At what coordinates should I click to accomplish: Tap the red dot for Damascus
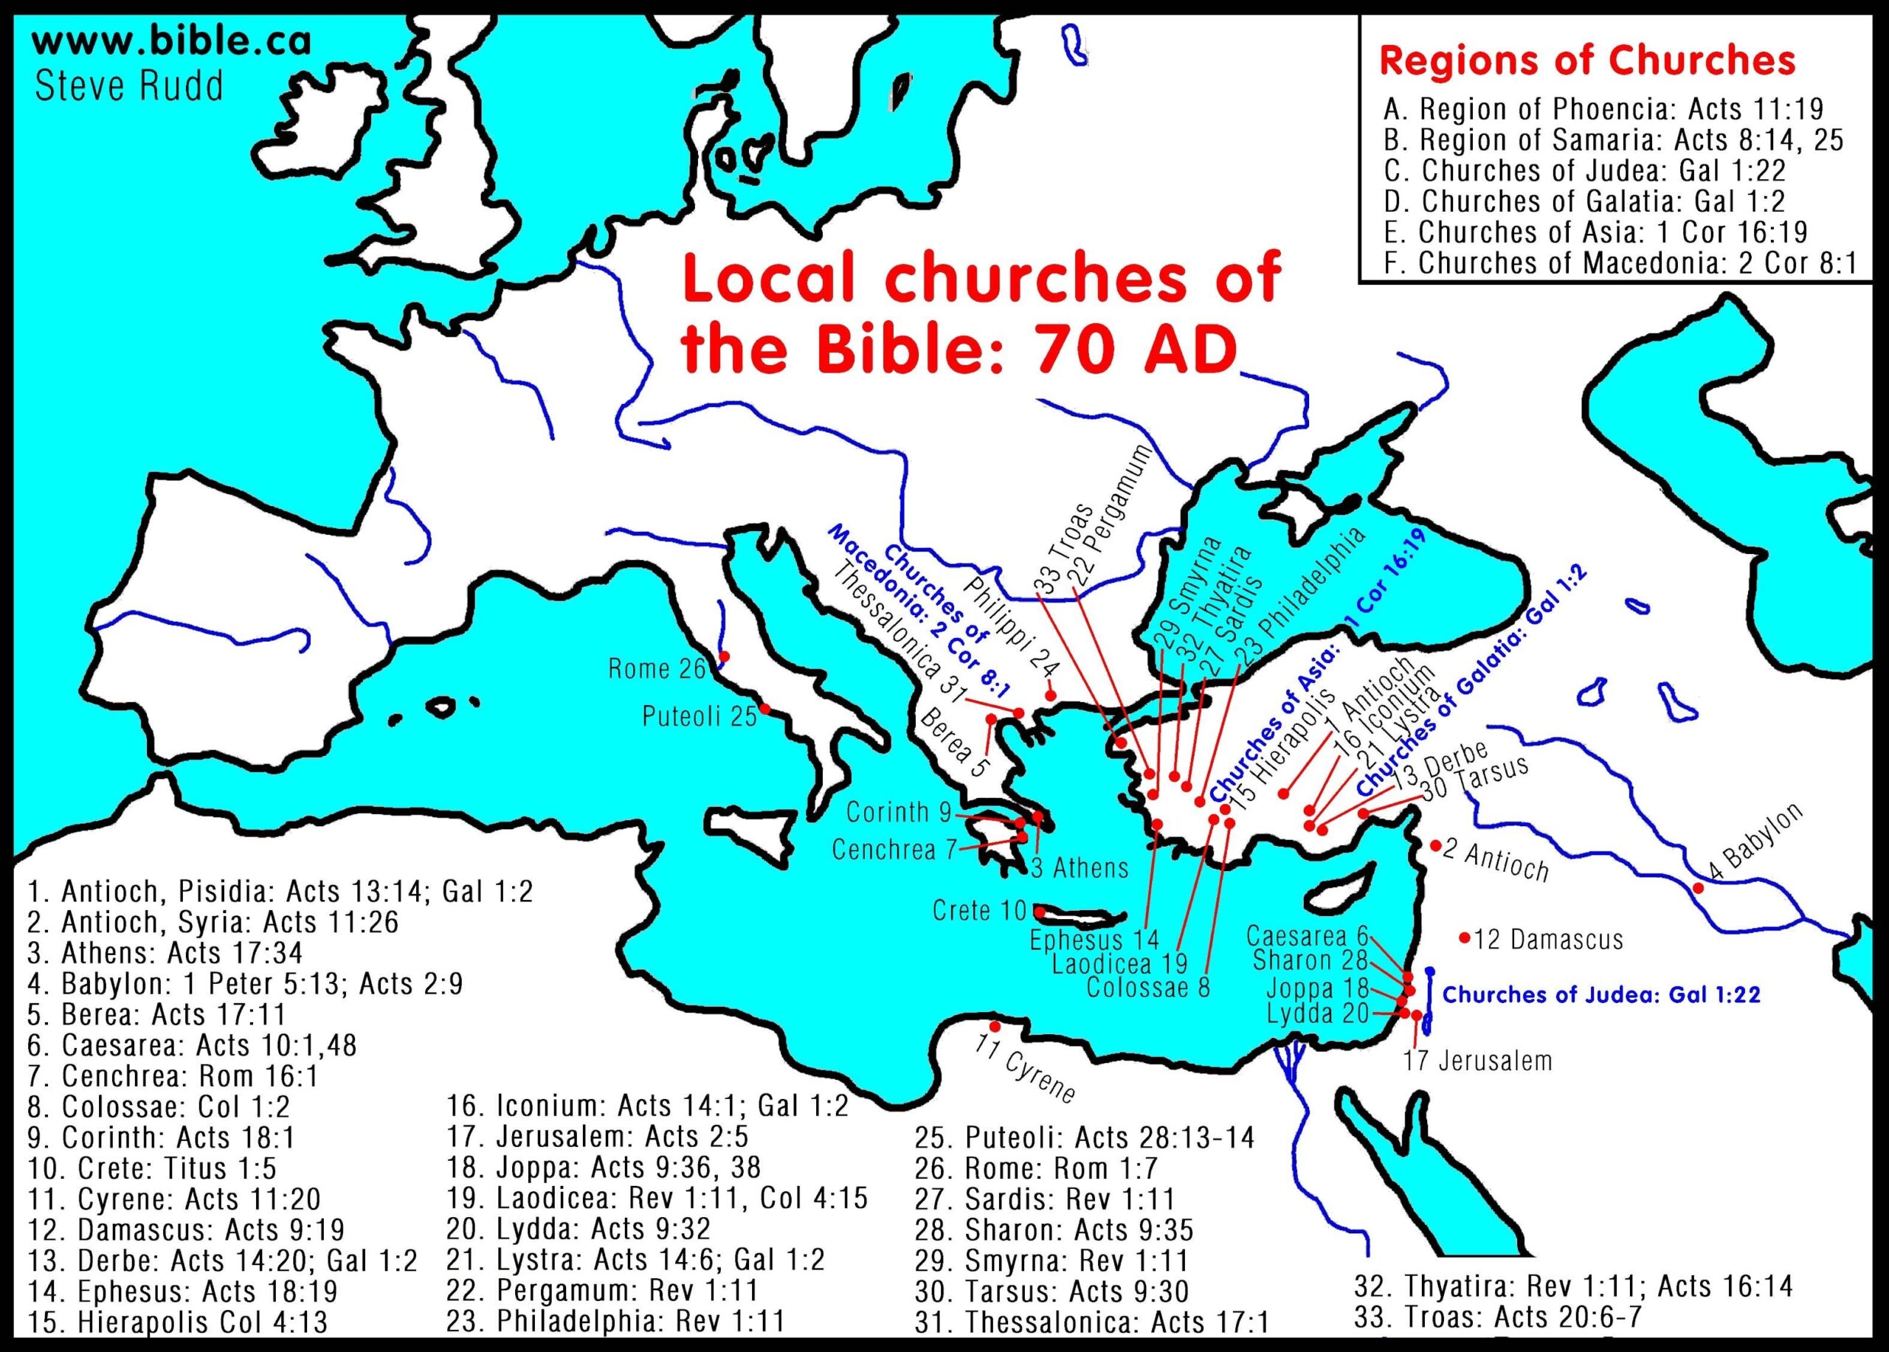[x=1464, y=938]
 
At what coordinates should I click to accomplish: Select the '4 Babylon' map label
[x=1755, y=842]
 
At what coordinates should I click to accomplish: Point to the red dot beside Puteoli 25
[x=764, y=709]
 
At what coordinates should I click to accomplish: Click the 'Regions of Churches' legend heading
[x=1586, y=60]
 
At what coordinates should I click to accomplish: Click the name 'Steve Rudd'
[x=129, y=86]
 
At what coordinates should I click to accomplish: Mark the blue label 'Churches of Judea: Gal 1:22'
[x=1600, y=995]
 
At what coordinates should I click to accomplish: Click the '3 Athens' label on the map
[x=1080, y=868]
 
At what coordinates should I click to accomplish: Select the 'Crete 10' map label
[x=979, y=911]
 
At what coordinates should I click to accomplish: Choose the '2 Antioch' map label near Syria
[x=1496, y=861]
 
